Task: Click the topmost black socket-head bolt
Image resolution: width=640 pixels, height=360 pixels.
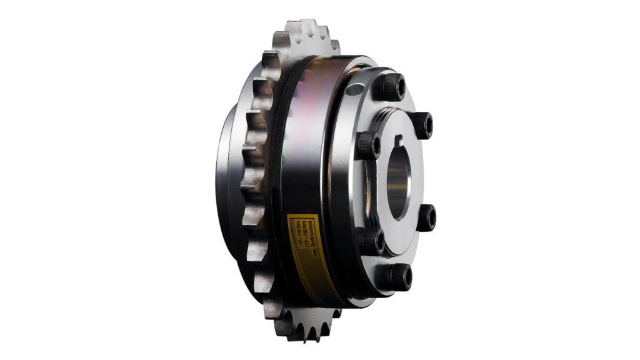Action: point(393,85)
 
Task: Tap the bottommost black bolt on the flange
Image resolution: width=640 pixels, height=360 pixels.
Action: point(399,276)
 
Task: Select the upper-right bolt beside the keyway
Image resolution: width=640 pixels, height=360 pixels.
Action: point(422,124)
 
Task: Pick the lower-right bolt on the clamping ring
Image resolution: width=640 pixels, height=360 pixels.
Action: point(426,216)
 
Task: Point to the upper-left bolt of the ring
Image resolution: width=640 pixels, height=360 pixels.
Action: point(369,144)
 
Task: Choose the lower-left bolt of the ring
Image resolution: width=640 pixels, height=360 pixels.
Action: point(372,241)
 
